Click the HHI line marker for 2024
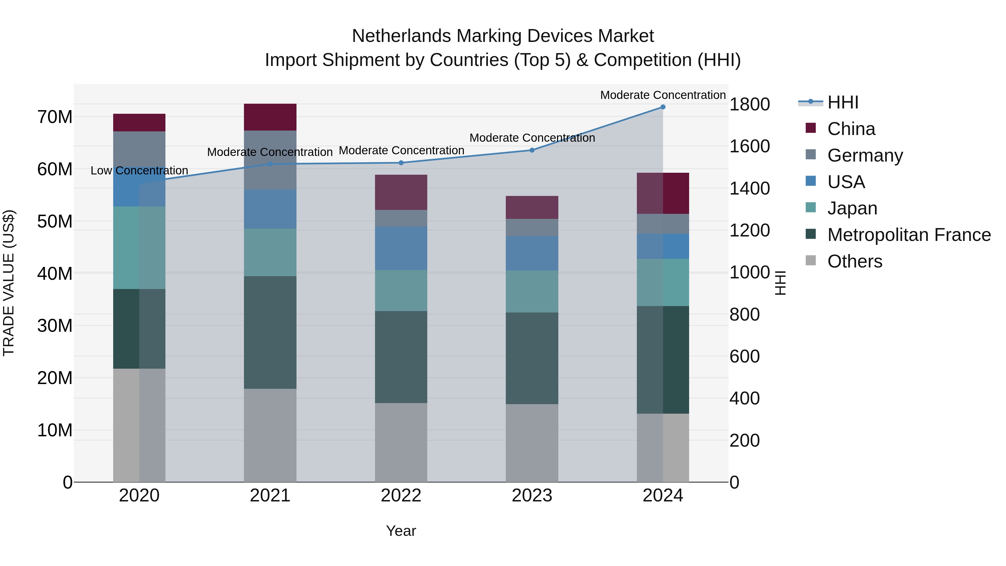(663, 107)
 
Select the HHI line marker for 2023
(532, 150)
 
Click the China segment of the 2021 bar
(270, 117)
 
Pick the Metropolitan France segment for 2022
(401, 357)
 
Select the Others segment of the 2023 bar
(532, 443)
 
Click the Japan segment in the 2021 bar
(270, 252)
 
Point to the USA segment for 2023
(532, 253)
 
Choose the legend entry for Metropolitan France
(909, 235)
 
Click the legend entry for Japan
(852, 208)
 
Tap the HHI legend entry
(843, 102)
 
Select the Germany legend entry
(865, 155)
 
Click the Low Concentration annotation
(139, 171)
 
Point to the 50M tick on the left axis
(55, 221)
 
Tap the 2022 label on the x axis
(401, 496)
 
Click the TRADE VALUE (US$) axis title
(9, 283)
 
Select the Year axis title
(401, 531)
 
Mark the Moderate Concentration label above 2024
(663, 95)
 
